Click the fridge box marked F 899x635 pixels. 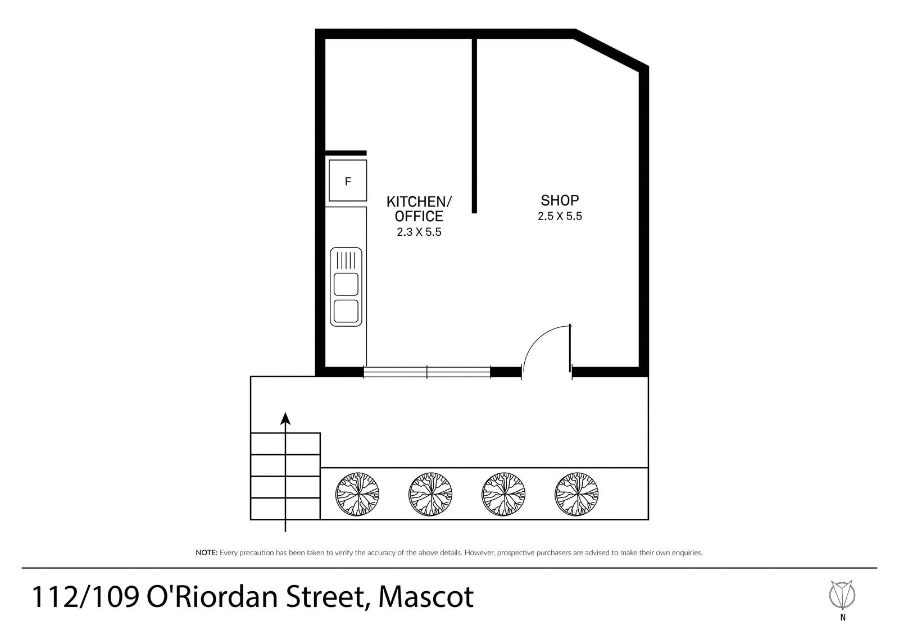348,181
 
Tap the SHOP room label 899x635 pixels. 560,200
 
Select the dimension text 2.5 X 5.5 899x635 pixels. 560,216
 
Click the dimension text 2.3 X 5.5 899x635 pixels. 419,232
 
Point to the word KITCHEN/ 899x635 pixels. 419,202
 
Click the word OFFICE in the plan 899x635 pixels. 419,216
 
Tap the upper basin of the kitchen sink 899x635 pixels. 346,284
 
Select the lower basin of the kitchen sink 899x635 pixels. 346,311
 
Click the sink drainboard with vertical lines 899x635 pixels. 346,260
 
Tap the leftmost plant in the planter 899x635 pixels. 357,494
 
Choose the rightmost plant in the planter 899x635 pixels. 576,494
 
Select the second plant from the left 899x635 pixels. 430,494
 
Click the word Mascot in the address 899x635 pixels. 426,597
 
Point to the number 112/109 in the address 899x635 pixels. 85,597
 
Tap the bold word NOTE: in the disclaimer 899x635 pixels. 206,553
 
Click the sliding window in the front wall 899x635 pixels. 426,372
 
